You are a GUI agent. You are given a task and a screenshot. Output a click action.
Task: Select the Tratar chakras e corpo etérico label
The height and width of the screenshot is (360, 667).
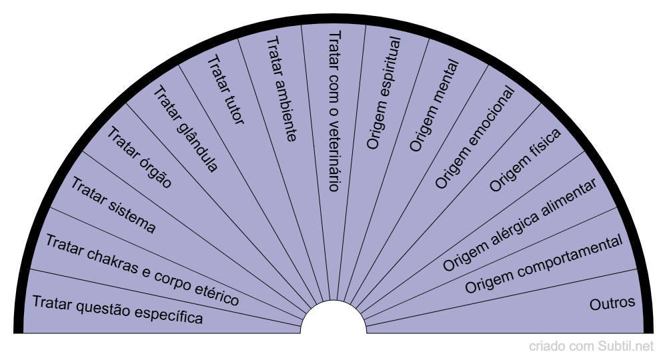coord(141,270)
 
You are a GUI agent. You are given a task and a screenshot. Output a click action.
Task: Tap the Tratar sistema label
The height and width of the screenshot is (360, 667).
coord(113,206)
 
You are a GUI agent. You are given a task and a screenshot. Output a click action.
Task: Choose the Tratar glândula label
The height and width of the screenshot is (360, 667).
coord(185,129)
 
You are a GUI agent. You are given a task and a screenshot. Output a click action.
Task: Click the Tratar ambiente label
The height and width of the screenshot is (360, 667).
coord(281,89)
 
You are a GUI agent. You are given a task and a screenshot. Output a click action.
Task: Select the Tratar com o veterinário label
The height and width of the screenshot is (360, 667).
coord(334,111)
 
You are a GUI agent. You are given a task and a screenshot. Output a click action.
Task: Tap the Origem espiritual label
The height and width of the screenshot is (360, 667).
coord(384,93)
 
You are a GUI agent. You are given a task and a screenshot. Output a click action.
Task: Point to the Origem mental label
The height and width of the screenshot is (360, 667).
coord(434,105)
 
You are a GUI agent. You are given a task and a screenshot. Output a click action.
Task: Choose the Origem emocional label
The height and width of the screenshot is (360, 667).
coord(475,137)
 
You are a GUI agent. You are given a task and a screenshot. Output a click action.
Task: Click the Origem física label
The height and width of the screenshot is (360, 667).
coord(525,160)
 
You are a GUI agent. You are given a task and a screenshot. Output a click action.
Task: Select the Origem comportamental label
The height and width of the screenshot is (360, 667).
coord(544,265)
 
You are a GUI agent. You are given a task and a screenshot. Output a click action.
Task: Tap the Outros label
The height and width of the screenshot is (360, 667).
coord(612,303)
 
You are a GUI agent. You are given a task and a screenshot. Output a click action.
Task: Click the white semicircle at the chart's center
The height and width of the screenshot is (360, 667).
coord(333,320)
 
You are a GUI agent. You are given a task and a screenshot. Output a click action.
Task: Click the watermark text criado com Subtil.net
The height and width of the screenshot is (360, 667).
coord(592,347)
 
